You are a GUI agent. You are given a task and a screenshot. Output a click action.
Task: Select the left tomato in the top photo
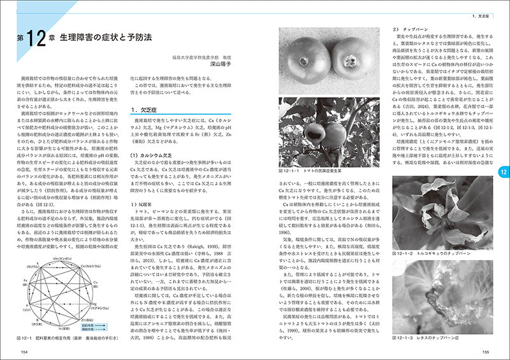click(x=303, y=61)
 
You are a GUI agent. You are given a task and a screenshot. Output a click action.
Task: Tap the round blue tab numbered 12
click(x=503, y=171)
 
